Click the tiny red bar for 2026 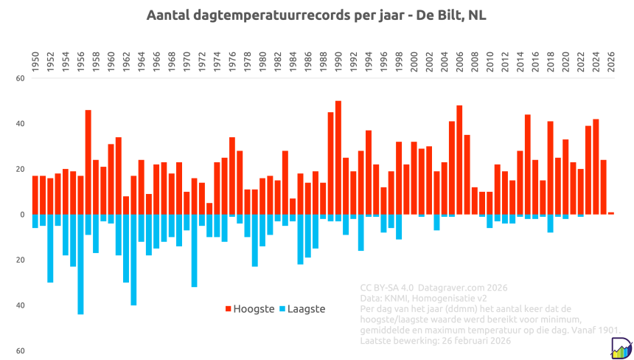click(x=610, y=213)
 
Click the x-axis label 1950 click(x=35, y=59)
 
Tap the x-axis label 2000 click(x=414, y=59)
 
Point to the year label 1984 click(x=293, y=59)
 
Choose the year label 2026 click(x=610, y=59)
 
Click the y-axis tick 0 click(x=22, y=215)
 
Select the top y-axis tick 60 click(x=20, y=78)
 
